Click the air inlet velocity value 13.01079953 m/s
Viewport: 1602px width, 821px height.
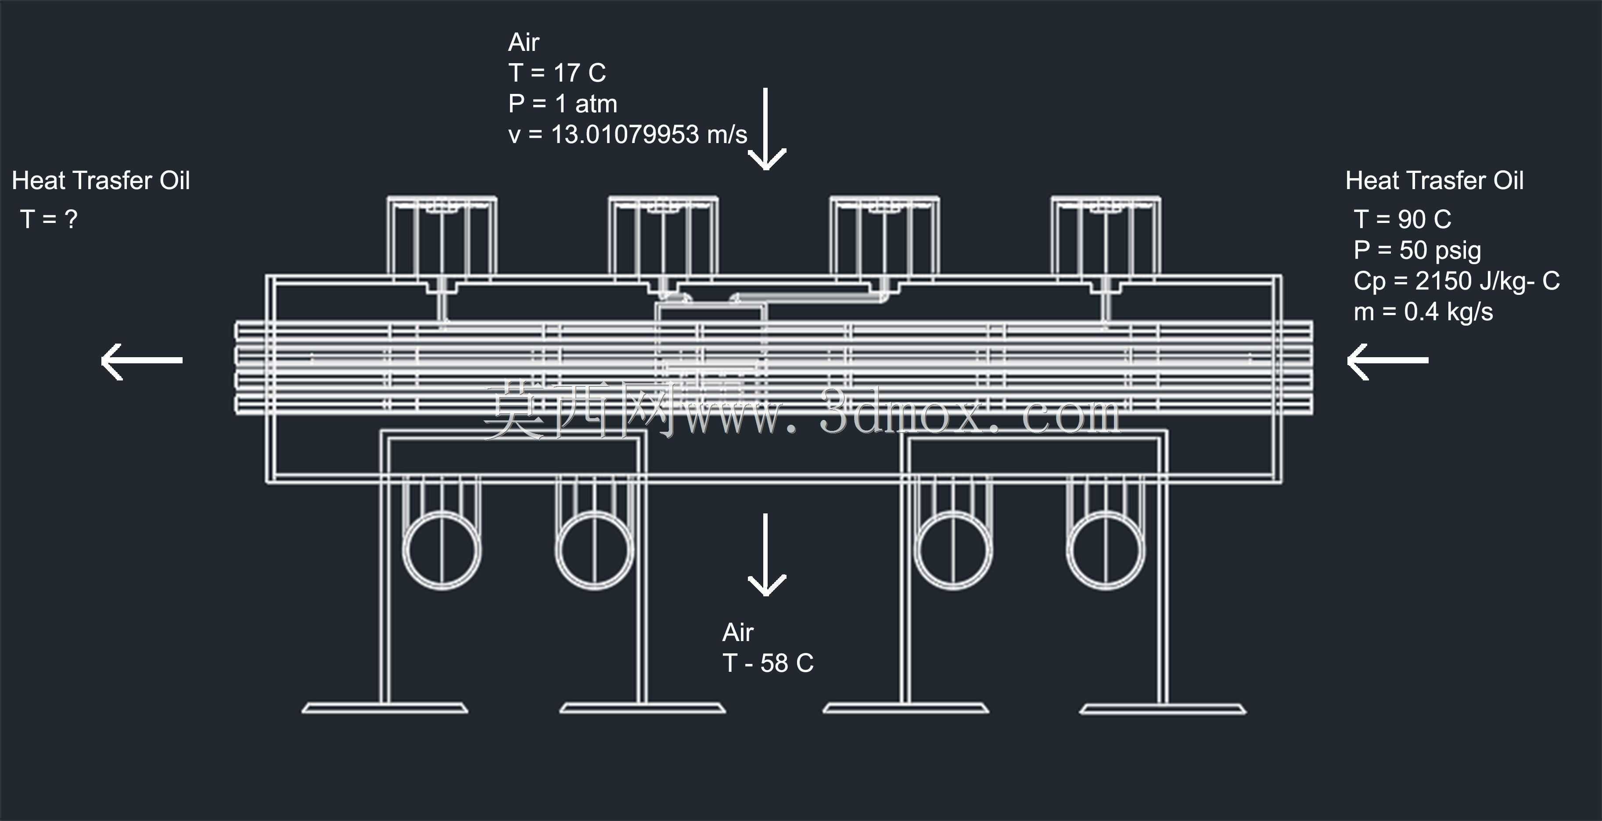[649, 134]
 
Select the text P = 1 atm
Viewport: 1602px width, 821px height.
[563, 104]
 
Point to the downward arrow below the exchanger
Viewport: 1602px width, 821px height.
[766, 555]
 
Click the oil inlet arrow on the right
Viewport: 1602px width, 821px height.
[1387, 360]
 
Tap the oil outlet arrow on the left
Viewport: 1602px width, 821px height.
[142, 360]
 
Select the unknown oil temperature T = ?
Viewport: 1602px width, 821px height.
[49, 219]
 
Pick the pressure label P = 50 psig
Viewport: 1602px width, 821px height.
[1417, 251]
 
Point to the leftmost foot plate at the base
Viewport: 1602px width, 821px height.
[385, 708]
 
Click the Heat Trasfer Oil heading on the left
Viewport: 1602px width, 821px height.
[101, 181]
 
